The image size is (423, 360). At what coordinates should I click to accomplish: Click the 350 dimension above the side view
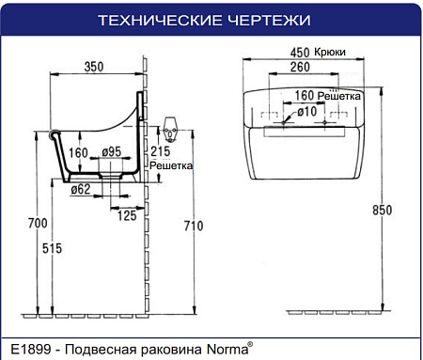click(x=93, y=68)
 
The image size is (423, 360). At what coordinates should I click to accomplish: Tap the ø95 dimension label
click(x=111, y=151)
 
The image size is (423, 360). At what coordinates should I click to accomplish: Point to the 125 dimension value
click(x=126, y=215)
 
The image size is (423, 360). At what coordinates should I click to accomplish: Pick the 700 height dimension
click(x=37, y=223)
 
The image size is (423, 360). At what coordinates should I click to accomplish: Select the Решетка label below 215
click(x=170, y=165)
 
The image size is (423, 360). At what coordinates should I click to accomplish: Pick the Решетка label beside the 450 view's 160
click(x=339, y=96)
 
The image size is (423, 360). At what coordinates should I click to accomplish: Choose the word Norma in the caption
click(x=226, y=349)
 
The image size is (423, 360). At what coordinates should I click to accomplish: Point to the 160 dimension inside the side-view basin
click(x=78, y=151)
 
